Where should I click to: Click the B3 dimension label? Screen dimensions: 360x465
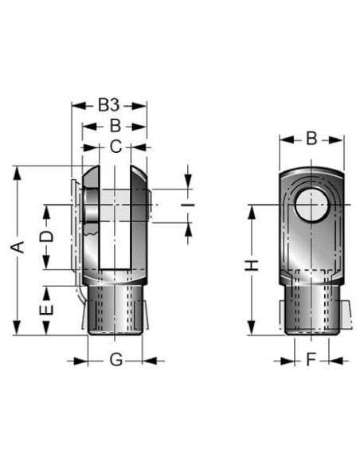[x=109, y=105]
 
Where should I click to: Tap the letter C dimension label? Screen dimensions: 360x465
[x=115, y=147]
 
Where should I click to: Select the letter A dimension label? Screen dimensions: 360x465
[x=18, y=247]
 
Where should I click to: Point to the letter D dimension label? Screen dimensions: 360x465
[x=47, y=236]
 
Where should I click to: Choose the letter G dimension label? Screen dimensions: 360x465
[x=116, y=361]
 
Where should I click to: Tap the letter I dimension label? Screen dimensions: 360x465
[x=188, y=205]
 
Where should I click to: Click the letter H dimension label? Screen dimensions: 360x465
[x=252, y=265]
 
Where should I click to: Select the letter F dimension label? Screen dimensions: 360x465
[x=311, y=360]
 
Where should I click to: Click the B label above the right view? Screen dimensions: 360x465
[x=311, y=139]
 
